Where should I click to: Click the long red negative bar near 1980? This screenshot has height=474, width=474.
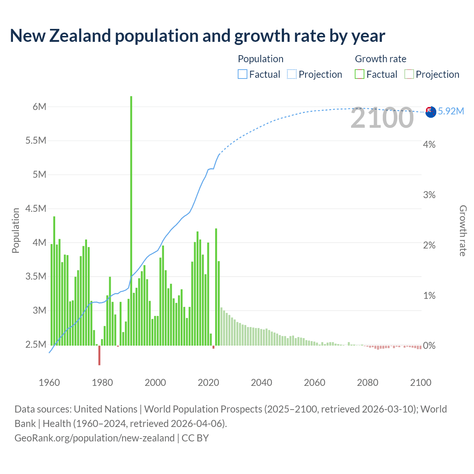(x=99, y=355)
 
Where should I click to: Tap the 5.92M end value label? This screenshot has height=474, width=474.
(x=451, y=111)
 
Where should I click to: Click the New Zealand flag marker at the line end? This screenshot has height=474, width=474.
(x=431, y=112)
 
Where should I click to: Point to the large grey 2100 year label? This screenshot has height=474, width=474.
(x=382, y=118)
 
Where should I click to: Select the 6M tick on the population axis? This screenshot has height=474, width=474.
(x=40, y=107)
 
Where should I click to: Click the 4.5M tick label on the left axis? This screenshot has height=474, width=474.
(x=36, y=208)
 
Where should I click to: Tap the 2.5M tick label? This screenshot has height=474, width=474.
(x=36, y=344)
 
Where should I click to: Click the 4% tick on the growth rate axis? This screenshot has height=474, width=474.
(x=429, y=144)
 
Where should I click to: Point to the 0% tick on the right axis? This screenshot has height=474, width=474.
(x=429, y=346)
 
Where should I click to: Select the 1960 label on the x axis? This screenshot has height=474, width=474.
(x=49, y=383)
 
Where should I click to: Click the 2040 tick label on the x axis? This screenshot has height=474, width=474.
(x=261, y=383)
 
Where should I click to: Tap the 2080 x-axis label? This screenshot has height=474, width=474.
(x=367, y=383)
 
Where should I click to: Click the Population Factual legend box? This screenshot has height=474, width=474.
(x=243, y=74)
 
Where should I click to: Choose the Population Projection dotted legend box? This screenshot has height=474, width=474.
(x=292, y=74)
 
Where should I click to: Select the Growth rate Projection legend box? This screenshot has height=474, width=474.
(x=409, y=74)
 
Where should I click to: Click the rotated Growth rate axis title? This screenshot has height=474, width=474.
(x=463, y=231)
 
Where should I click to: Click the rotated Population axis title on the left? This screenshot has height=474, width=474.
(x=16, y=230)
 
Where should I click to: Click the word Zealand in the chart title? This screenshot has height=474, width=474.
(x=80, y=36)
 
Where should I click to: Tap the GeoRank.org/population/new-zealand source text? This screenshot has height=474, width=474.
(x=94, y=438)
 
